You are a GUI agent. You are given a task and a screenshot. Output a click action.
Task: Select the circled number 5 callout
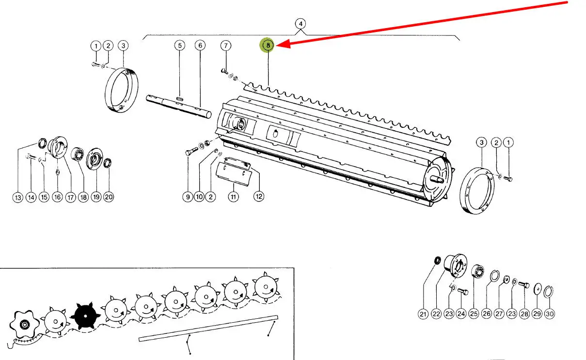(x=180, y=46)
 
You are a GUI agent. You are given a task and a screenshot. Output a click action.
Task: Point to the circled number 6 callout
(x=200, y=46)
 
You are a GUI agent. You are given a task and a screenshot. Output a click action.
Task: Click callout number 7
(x=226, y=46)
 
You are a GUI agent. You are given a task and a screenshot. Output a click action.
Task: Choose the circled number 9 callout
(x=188, y=197)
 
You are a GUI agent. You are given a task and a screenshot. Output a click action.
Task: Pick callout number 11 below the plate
(x=234, y=197)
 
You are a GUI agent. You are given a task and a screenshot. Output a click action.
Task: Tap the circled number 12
(x=259, y=197)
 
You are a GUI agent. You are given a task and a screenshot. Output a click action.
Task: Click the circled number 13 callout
(x=18, y=198)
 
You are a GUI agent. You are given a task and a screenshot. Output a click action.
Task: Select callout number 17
(x=70, y=198)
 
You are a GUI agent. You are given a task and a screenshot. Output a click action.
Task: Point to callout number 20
(x=109, y=198)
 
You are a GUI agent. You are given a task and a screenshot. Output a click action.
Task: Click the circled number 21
(x=423, y=314)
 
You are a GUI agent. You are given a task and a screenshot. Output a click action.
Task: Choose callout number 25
(x=474, y=314)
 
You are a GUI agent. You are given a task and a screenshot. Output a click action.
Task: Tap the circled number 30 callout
(x=549, y=314)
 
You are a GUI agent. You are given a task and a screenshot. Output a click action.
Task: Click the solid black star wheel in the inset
(x=85, y=315)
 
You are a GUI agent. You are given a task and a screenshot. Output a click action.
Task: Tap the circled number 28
(x=524, y=314)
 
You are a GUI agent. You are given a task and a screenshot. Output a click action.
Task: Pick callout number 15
(x=44, y=198)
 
